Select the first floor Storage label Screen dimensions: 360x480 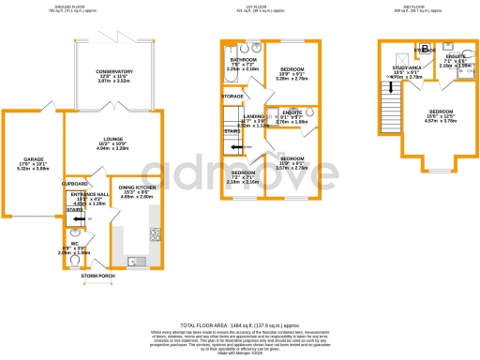tap(232, 96)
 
